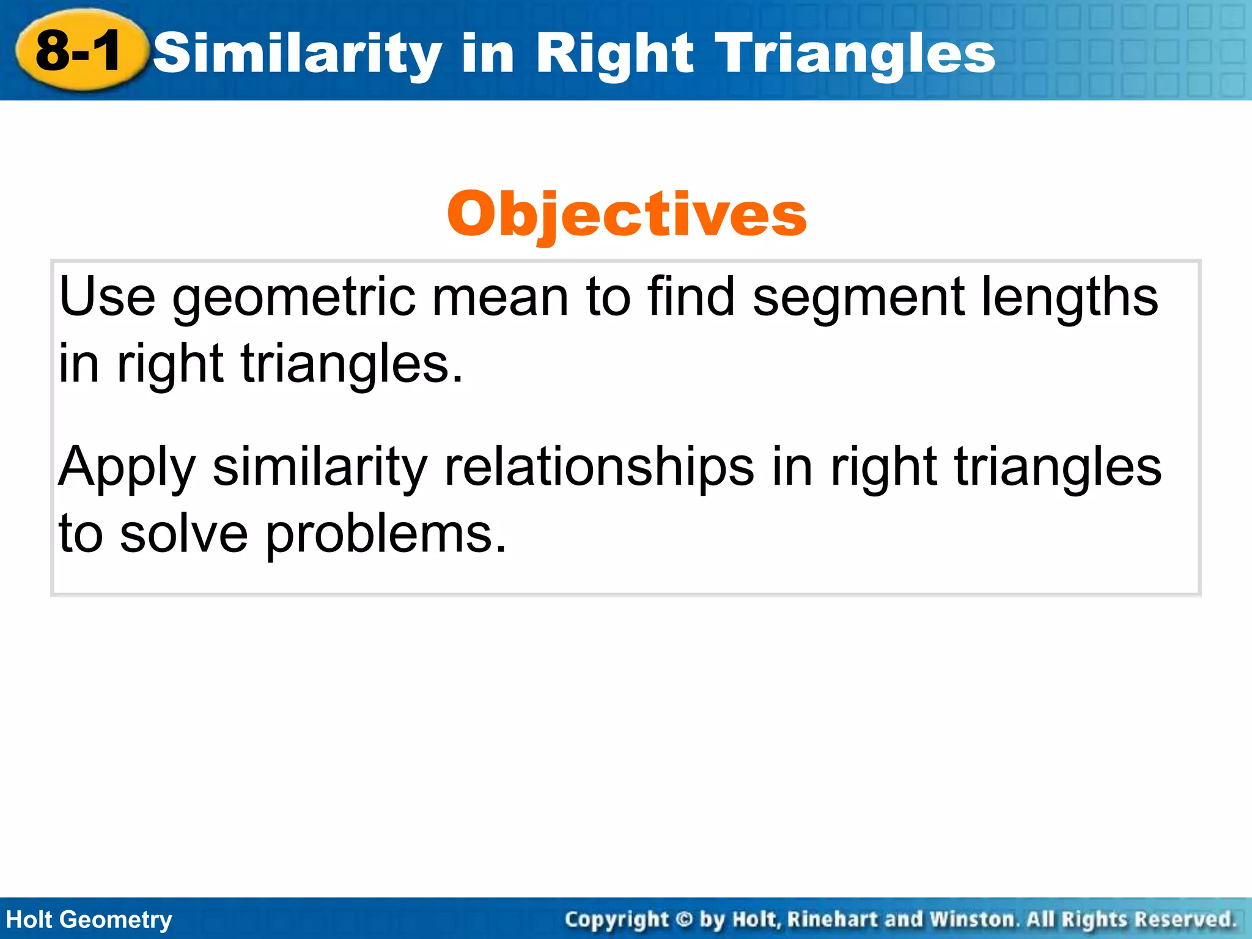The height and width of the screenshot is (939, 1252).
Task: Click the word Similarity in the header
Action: pos(297,54)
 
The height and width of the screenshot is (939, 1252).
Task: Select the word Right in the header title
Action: pos(614,54)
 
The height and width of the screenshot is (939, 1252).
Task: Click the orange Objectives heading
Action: pos(627,214)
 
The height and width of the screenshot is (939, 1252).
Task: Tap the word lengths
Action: pos(1069,298)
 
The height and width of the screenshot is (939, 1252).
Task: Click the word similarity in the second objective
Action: pos(320,468)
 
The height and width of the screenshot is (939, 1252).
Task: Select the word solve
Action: pos(183,534)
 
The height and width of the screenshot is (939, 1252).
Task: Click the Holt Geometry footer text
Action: pos(89,919)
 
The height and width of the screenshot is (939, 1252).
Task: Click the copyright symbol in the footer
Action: pos(684,919)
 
